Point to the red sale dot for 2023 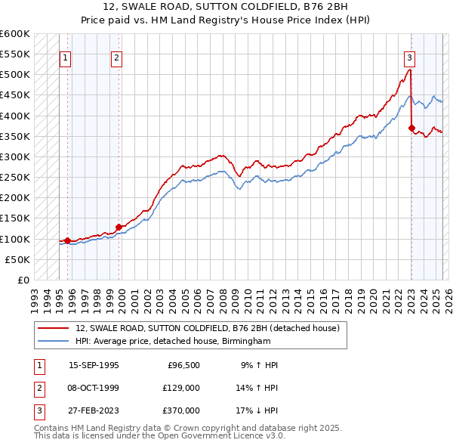click(x=411, y=129)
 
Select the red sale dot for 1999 click(x=119, y=227)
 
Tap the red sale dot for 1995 click(x=68, y=240)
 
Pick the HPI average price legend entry click(x=172, y=341)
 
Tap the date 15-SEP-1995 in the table click(x=94, y=365)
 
